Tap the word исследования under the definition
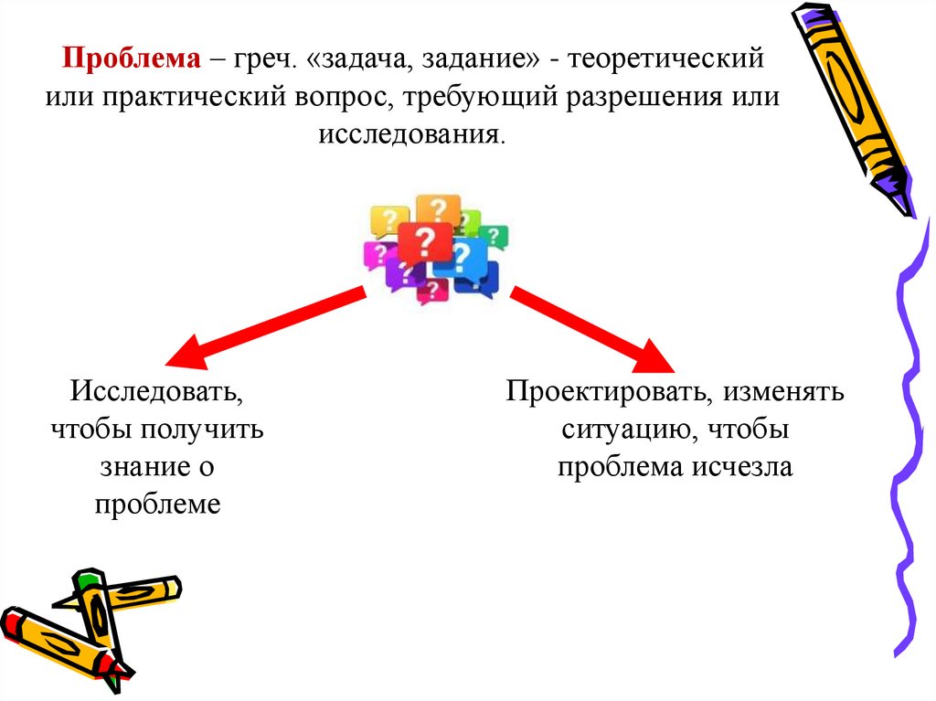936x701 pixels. pyautogui.click(x=411, y=133)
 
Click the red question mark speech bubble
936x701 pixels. pyautogui.click(x=424, y=242)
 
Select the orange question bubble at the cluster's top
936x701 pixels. pyautogui.click(x=438, y=210)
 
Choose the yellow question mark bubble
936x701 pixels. pyautogui.click(x=388, y=220)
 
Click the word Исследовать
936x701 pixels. pyautogui.click(x=157, y=394)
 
